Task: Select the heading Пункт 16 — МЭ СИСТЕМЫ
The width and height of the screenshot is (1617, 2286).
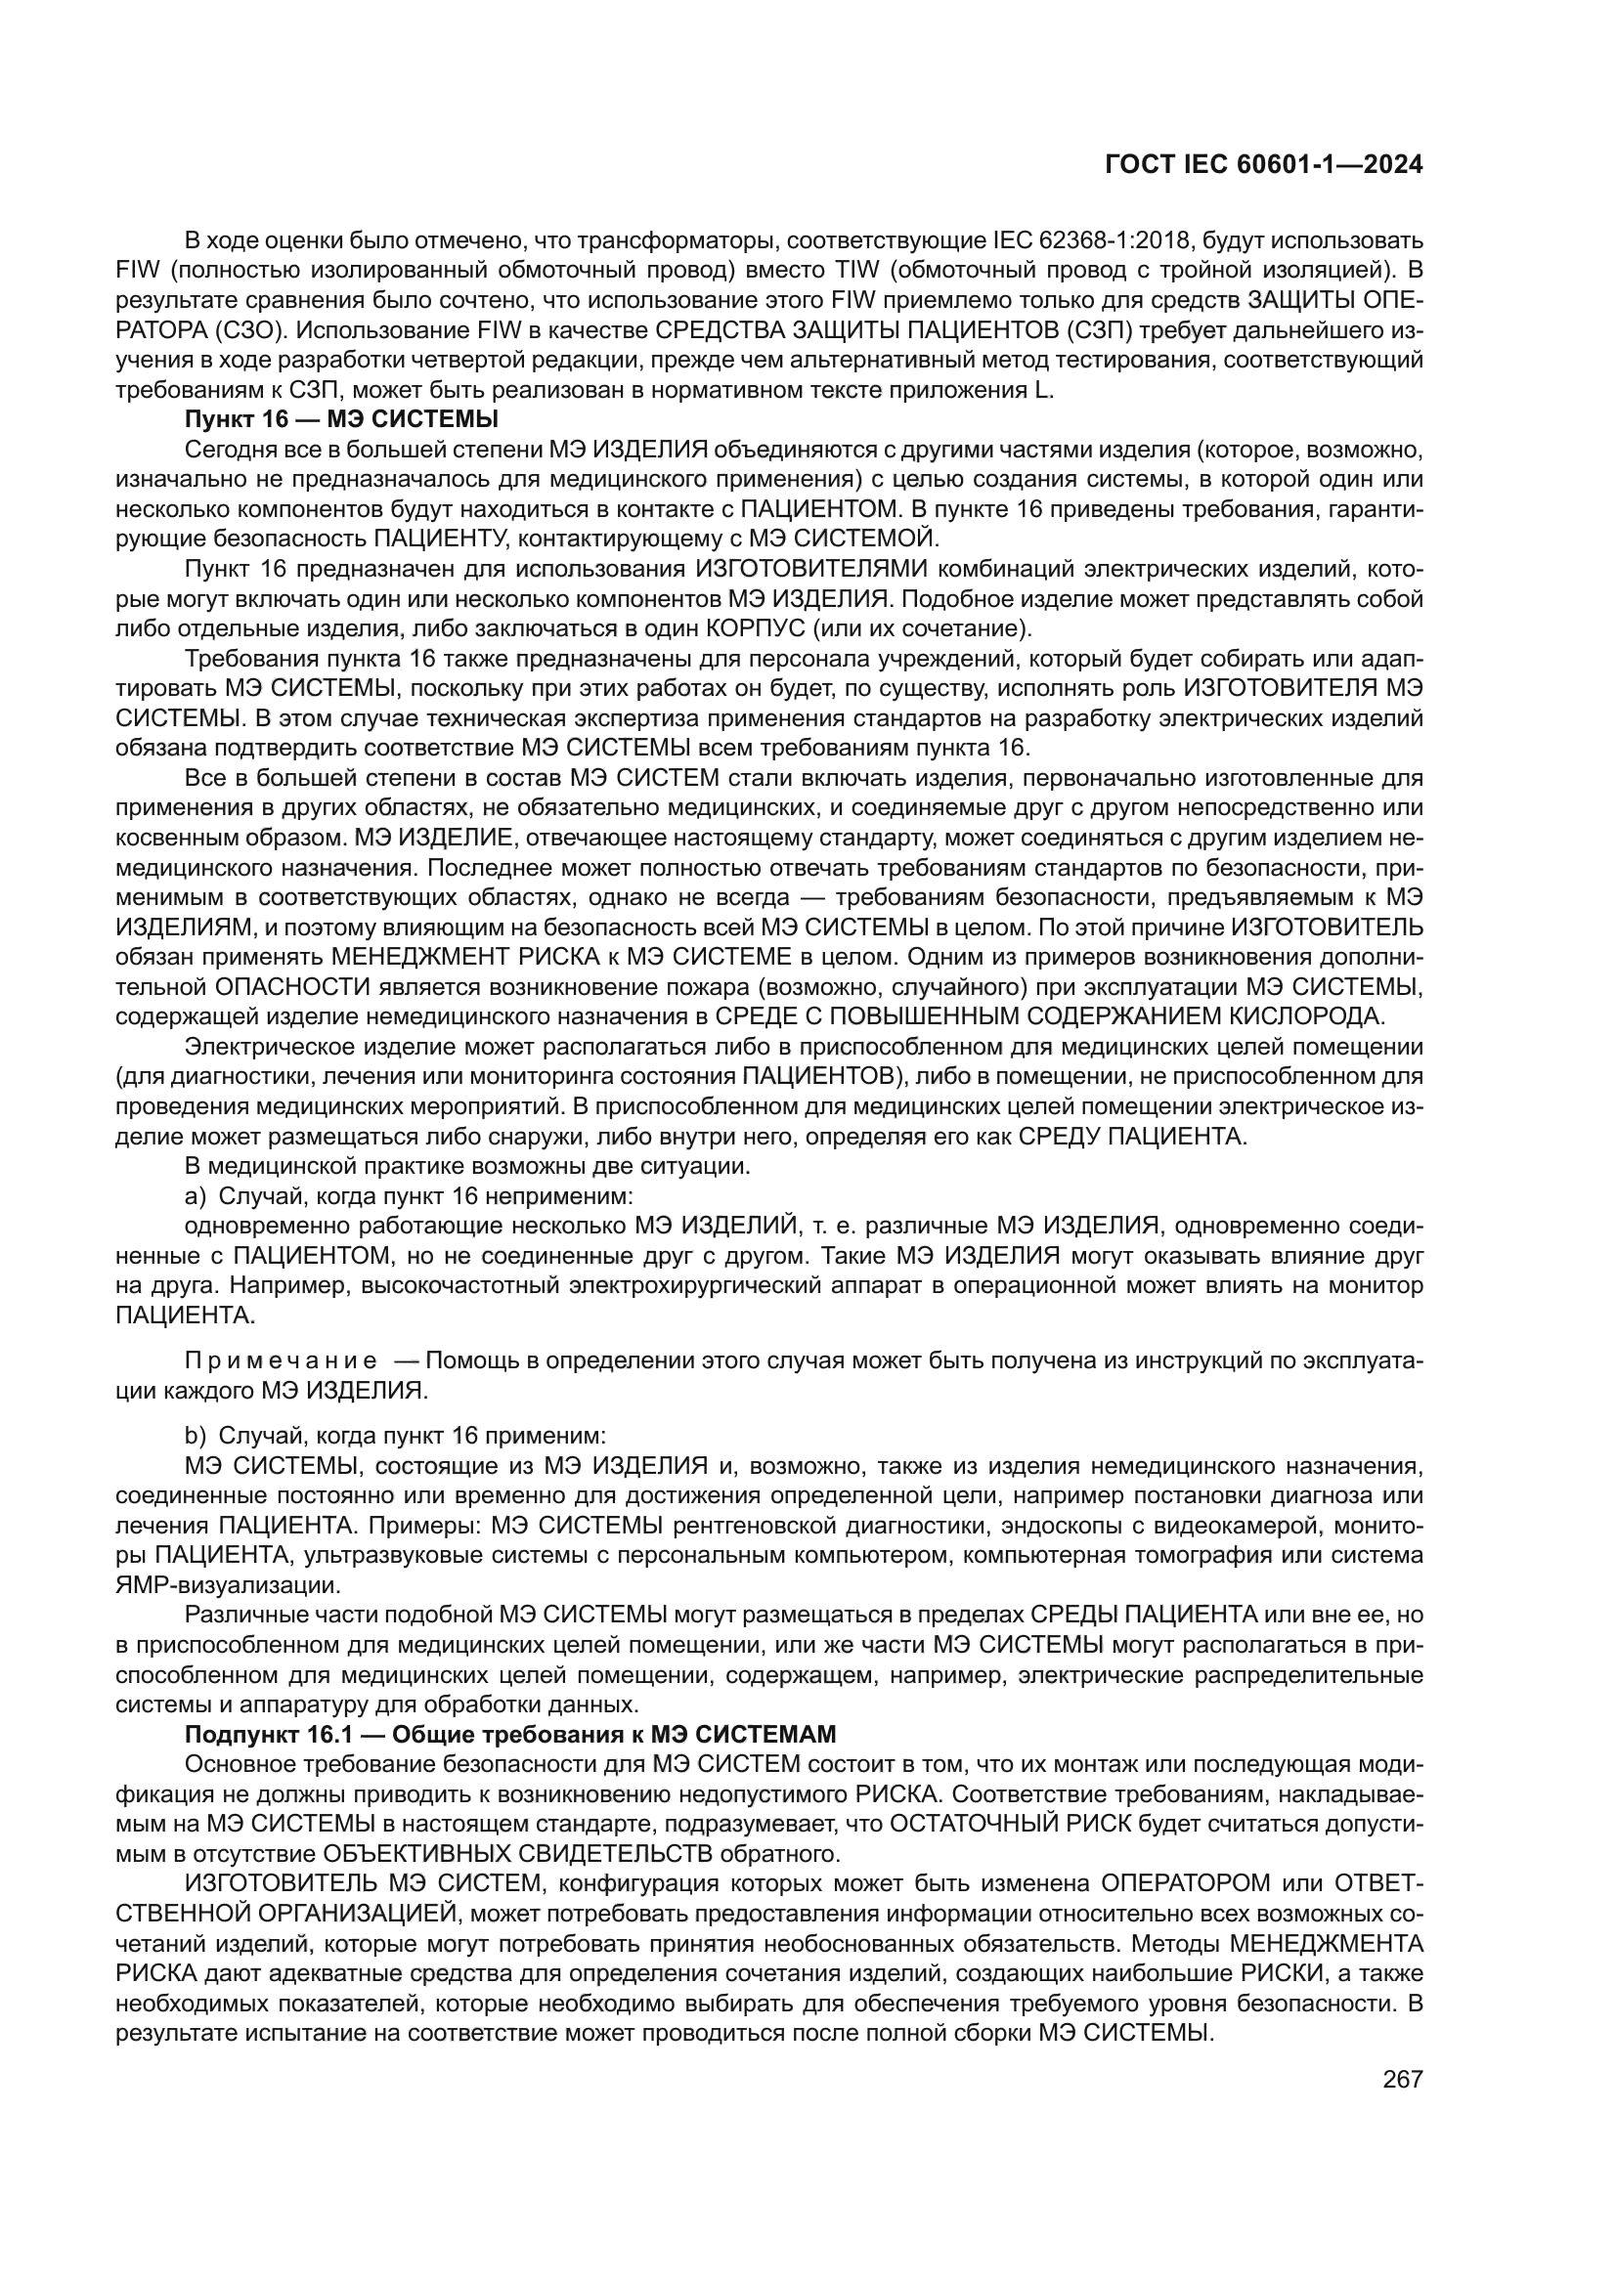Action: point(341,419)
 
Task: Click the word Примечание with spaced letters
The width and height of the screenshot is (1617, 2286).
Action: point(281,1361)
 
